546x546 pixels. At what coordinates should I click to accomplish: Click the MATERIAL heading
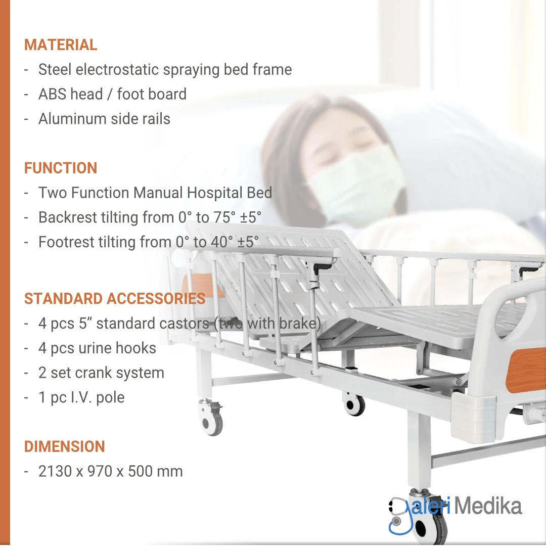61,45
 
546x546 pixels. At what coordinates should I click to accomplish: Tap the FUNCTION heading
61,168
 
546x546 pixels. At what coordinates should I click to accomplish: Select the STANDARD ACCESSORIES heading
115,298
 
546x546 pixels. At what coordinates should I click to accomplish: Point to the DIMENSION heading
64,446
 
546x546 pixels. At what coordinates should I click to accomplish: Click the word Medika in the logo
488,506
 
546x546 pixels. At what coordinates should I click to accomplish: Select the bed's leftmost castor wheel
210,418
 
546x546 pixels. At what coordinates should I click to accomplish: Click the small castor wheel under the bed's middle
353,404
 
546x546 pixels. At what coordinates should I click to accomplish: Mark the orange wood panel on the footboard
526,370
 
